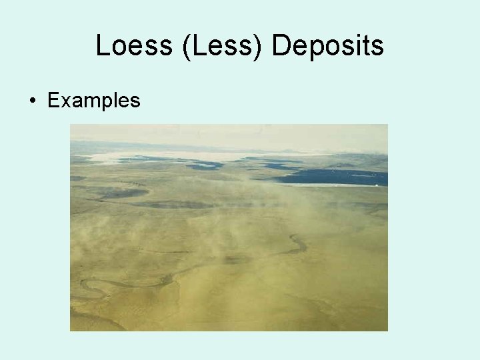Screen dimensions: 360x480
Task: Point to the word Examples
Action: pyautogui.click(x=94, y=101)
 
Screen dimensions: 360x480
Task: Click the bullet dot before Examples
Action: pyautogui.click(x=32, y=101)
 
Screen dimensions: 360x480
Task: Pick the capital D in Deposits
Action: pyautogui.click(x=281, y=46)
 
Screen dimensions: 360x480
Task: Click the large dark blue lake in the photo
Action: pyautogui.click(x=333, y=176)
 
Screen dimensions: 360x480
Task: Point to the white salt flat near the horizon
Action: pyautogui.click(x=167, y=157)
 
